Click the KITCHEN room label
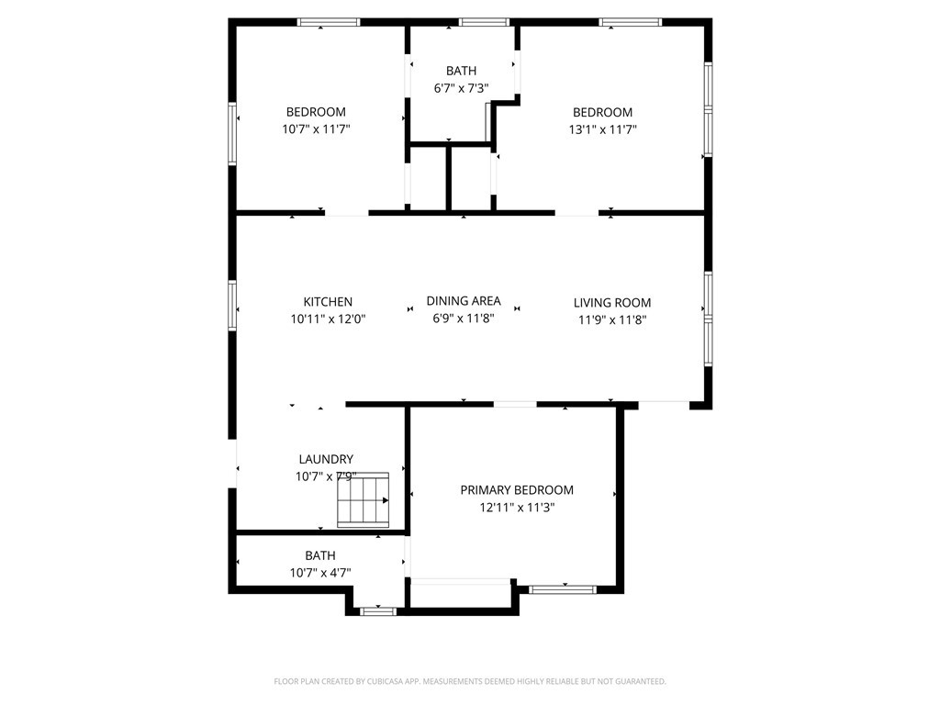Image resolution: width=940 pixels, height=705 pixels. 328,302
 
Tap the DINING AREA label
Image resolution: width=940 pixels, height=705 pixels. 464,301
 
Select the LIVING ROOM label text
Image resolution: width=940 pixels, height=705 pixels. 612,303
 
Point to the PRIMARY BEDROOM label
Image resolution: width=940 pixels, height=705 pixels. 517,490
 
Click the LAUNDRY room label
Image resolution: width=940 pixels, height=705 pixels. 326,460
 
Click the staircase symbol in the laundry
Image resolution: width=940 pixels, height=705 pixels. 364,500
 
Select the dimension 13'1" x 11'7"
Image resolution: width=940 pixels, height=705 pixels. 602,129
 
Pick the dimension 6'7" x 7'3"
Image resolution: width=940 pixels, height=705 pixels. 461,88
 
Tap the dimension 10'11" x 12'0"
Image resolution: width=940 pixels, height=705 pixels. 328,319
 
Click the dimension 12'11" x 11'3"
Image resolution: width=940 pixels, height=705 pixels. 517,507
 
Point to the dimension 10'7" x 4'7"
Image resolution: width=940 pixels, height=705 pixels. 320,573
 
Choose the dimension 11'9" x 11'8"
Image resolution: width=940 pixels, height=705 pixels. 612,320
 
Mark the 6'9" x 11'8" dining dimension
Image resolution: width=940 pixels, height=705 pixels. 464,319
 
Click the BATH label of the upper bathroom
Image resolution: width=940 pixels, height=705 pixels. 461,71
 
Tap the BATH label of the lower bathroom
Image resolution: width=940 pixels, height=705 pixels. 320,555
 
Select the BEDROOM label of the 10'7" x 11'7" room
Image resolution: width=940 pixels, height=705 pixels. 316,112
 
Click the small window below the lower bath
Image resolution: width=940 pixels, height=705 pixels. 377,610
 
